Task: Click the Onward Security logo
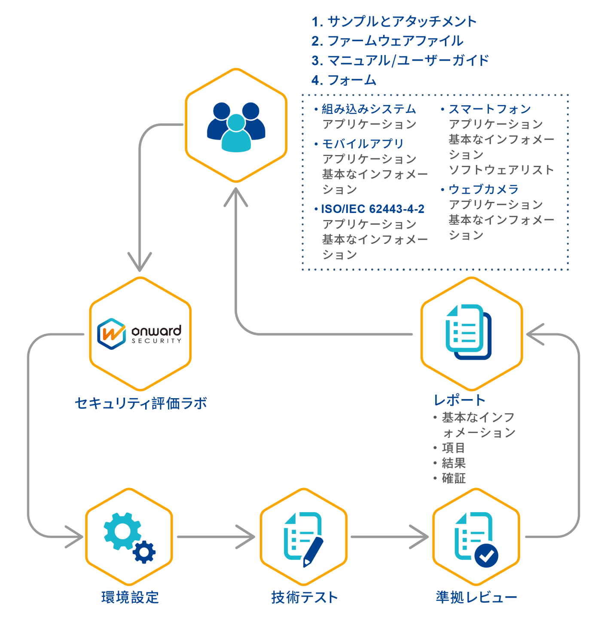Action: pyautogui.click(x=140, y=334)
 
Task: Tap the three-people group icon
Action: pyautogui.click(x=236, y=127)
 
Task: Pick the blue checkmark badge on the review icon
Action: pyautogui.click(x=486, y=556)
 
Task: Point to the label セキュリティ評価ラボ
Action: pyautogui.click(x=141, y=403)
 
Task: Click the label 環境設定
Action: pyautogui.click(x=130, y=597)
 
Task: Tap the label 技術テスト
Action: pyautogui.click(x=305, y=597)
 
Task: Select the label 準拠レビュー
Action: pyautogui.click(x=476, y=597)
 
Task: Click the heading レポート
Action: pyautogui.click(x=459, y=400)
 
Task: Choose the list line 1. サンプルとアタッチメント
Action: pyautogui.click(x=394, y=21)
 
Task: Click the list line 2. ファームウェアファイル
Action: pyautogui.click(x=387, y=41)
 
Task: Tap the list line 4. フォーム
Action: pyautogui.click(x=344, y=80)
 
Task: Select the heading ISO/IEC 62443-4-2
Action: pyautogui.click(x=372, y=209)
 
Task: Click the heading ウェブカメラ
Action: pyautogui.click(x=483, y=189)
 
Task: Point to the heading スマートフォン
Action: pyautogui.click(x=489, y=109)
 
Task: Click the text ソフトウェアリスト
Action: pyautogui.click(x=501, y=170)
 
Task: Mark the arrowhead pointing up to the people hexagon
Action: pyautogui.click(x=236, y=197)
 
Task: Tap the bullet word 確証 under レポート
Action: pyautogui.click(x=454, y=478)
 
